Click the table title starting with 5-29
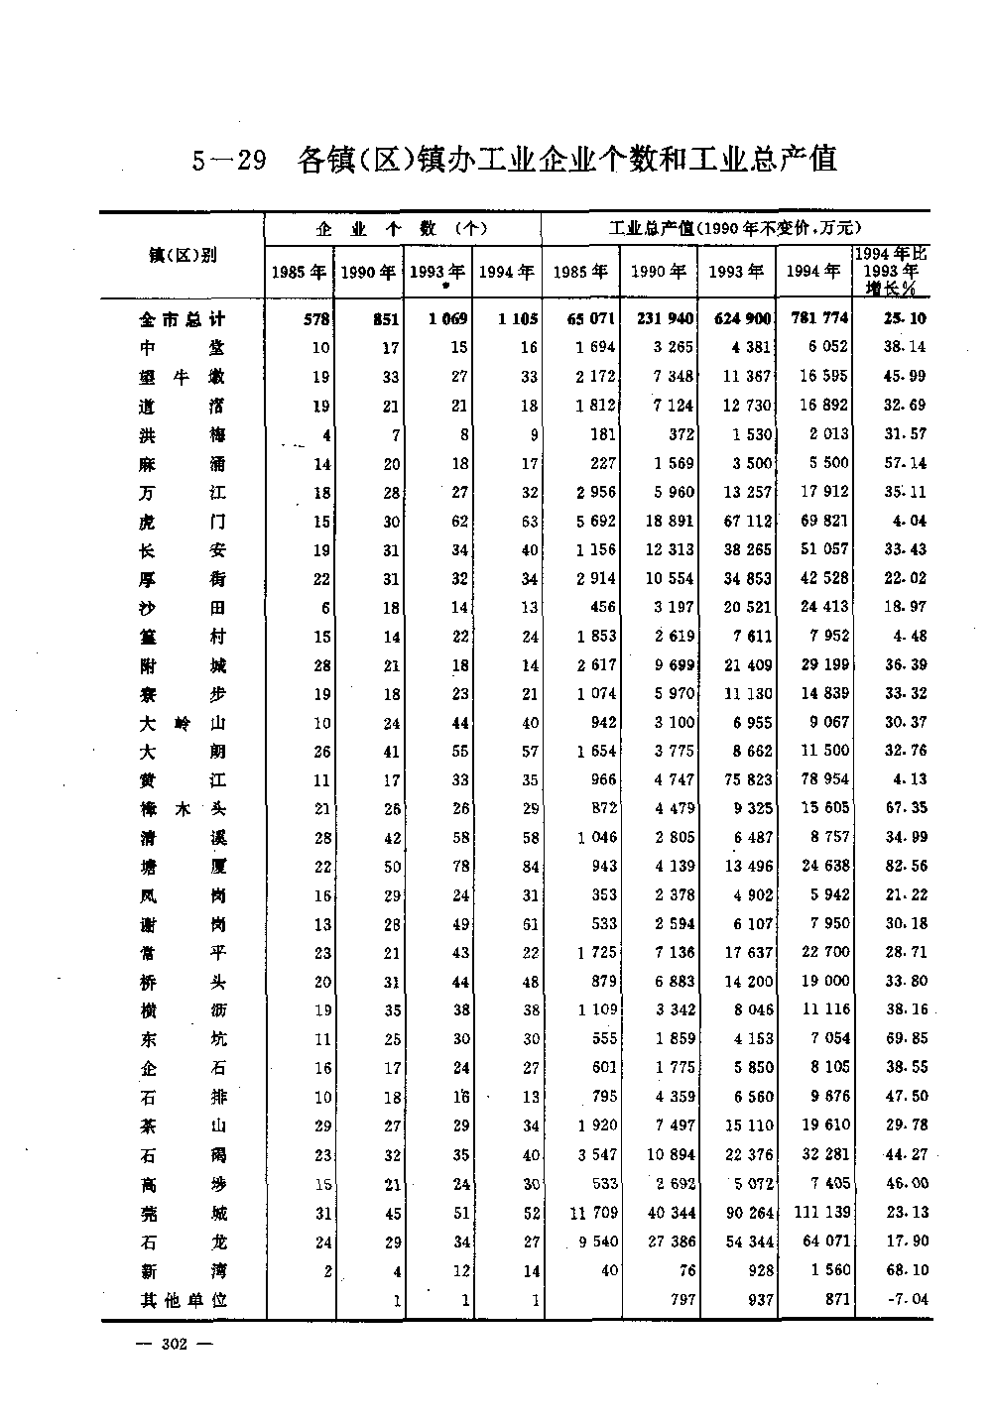click(515, 159)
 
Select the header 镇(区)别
click(182, 255)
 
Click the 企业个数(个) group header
click(402, 229)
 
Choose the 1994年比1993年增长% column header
click(890, 270)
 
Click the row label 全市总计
click(183, 319)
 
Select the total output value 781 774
click(816, 319)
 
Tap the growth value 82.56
click(906, 866)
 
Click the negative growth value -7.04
click(905, 1299)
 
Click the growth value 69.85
click(906, 1039)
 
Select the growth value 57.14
click(906, 463)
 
